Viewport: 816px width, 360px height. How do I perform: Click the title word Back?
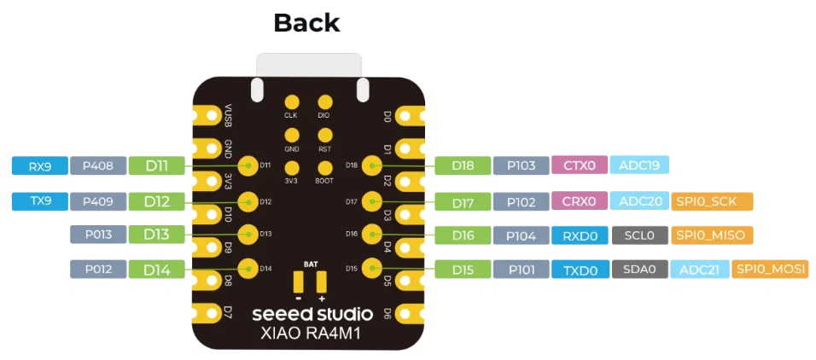(x=306, y=23)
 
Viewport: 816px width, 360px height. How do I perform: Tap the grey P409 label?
(x=97, y=201)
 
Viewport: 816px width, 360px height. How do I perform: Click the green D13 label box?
(x=156, y=234)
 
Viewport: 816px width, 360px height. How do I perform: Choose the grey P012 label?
(x=97, y=270)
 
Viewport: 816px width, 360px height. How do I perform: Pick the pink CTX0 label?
(x=579, y=165)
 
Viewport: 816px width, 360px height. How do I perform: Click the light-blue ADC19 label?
(x=638, y=165)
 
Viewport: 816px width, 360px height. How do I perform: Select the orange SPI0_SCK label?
(x=712, y=201)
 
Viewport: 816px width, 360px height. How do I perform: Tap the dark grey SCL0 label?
(x=638, y=235)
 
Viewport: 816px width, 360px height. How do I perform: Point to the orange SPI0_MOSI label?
(x=771, y=270)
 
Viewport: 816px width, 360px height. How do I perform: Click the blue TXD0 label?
(x=579, y=270)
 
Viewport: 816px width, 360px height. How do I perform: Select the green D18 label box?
(x=463, y=165)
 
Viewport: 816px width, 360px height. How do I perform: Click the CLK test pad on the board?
(x=292, y=102)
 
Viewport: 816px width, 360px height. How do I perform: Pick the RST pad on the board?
(x=324, y=135)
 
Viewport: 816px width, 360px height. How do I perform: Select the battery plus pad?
(x=322, y=282)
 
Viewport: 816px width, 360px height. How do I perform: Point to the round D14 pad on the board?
(x=248, y=268)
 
